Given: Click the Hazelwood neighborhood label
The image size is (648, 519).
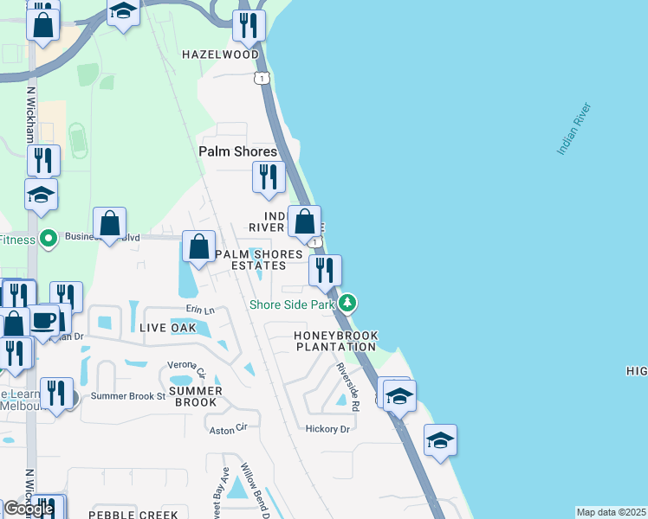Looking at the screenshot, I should [220, 54].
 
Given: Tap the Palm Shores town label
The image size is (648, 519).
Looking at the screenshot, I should [237, 151].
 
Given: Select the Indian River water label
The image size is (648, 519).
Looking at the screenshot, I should [573, 129].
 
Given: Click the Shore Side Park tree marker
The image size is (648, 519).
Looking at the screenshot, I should [347, 303].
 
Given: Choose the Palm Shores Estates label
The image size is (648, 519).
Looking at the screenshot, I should [259, 259].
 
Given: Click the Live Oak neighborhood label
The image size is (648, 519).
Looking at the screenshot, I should [167, 329].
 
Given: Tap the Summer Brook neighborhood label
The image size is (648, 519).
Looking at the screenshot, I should [198, 396].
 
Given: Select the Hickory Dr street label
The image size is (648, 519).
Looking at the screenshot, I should [327, 429].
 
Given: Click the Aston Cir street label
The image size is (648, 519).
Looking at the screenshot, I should [229, 426].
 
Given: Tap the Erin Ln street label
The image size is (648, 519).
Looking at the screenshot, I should [200, 310].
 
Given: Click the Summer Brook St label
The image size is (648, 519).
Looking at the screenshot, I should [128, 396].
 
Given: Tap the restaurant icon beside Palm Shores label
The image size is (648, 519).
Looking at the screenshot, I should [269, 176].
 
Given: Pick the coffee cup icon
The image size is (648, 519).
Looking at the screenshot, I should [42, 320].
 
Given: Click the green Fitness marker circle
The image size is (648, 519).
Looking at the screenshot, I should [49, 237].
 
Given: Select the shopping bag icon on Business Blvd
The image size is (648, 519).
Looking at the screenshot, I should [110, 224].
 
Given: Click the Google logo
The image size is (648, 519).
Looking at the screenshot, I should [29, 509].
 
